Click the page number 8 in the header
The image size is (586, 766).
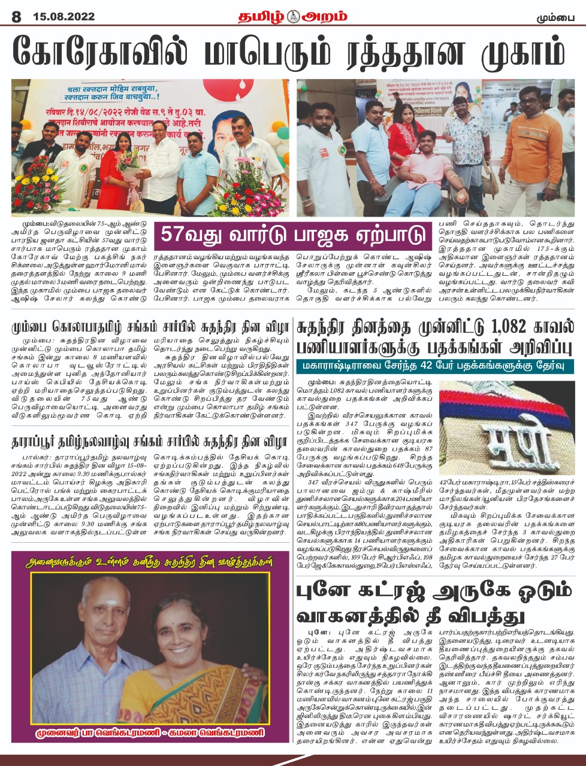pos(16,17)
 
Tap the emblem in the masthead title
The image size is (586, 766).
pos(292,16)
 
